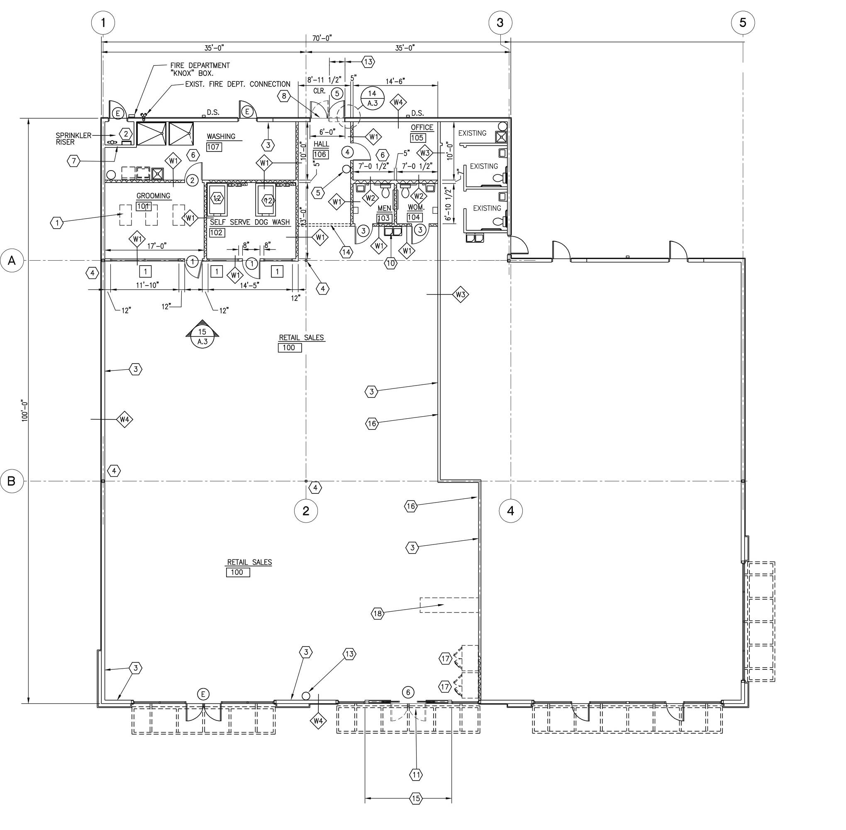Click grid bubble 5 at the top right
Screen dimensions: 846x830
pyautogui.click(x=743, y=22)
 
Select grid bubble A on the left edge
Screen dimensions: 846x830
pyautogui.click(x=12, y=261)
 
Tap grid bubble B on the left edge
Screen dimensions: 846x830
pyautogui.click(x=12, y=481)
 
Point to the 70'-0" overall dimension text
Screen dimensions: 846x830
pyautogui.click(x=322, y=38)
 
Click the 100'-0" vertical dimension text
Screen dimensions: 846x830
pyautogui.click(x=25, y=410)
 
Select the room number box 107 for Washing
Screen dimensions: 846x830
pyautogui.click(x=213, y=147)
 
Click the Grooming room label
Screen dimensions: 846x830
pyautogui.click(x=154, y=196)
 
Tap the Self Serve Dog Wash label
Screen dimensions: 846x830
pyautogui.click(x=250, y=222)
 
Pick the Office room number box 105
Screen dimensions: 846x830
pyautogui.click(x=417, y=138)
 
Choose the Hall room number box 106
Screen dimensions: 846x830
pyautogui.click(x=320, y=154)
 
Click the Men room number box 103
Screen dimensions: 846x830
pyautogui.click(x=384, y=218)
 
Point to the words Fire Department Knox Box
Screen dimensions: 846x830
pyautogui.click(x=200, y=69)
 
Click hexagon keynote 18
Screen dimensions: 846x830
pyautogui.click(x=378, y=614)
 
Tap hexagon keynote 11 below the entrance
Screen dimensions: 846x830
pyautogui.click(x=416, y=775)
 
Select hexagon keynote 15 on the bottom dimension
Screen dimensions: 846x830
pyautogui.click(x=416, y=798)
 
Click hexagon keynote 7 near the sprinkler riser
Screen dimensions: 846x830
pyautogui.click(x=74, y=161)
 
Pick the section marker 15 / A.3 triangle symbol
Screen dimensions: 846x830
pyautogui.click(x=202, y=334)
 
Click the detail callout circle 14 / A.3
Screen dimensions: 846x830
pyautogui.click(x=372, y=98)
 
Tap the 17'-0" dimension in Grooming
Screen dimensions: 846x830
pyautogui.click(x=156, y=246)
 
